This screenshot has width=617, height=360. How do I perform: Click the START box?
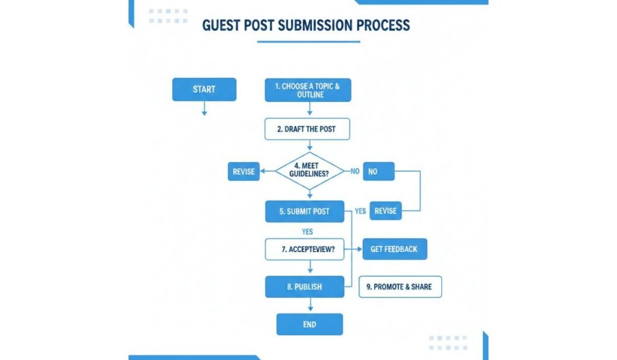204,89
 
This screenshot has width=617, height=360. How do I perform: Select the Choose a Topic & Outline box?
307,90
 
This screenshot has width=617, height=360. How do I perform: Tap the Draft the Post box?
307,129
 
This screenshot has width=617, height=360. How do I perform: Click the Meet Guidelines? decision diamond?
310,171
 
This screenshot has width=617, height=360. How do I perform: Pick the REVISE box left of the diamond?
243,172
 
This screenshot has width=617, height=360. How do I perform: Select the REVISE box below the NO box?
386,211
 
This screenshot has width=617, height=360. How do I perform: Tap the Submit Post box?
304,211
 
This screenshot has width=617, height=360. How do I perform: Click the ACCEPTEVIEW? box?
304,249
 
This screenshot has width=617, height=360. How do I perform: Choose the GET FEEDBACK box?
394,249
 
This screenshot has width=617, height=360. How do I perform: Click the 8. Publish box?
304,287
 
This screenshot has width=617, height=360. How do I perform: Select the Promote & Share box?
400,287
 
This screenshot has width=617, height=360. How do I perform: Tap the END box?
310,324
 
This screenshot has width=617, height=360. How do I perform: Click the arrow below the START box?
204,109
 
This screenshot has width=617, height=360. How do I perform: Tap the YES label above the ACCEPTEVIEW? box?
307,231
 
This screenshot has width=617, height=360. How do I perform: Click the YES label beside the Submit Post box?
360,211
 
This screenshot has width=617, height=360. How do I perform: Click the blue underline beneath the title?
308,42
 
